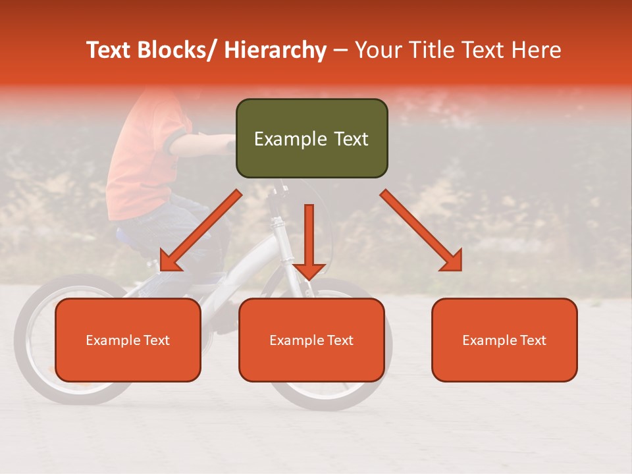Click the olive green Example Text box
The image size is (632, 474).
point(311,138)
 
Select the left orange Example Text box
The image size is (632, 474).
point(128,340)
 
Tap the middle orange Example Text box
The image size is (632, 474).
point(311,340)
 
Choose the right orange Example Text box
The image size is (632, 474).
point(504,340)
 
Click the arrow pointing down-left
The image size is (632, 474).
point(200,230)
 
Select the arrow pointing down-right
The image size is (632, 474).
point(421,230)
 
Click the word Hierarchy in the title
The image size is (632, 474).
point(275,50)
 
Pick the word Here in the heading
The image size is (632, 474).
point(536,50)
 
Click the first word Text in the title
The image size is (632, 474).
point(109,50)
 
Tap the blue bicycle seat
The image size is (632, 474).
point(128,235)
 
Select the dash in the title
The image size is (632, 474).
point(340,50)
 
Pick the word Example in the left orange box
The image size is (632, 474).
point(112,340)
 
